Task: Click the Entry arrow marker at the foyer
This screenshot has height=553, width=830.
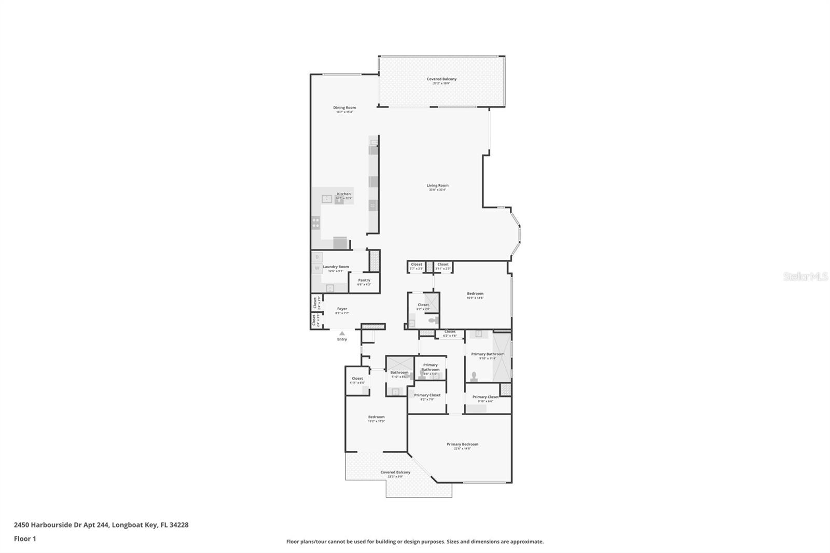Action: click(x=342, y=334)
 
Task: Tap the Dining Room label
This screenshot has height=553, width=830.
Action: click(x=344, y=108)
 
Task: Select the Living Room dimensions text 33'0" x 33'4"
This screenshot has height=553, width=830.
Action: click(x=437, y=190)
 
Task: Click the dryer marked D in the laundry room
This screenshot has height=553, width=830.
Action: click(x=317, y=257)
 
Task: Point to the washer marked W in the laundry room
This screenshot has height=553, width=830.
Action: click(x=317, y=268)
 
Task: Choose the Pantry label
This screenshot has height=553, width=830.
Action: click(x=364, y=280)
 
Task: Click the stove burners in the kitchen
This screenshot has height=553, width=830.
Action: click(x=316, y=223)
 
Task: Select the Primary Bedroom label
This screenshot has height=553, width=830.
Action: click(x=462, y=444)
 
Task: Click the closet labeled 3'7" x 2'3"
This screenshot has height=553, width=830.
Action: click(x=417, y=266)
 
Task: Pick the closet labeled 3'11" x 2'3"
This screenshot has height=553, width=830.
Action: click(x=443, y=266)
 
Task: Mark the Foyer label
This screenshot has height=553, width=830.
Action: click(x=342, y=309)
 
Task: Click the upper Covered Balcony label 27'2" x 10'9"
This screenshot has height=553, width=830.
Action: click(x=441, y=79)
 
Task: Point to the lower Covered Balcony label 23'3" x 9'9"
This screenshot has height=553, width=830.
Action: click(x=395, y=473)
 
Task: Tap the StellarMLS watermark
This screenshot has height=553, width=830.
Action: click(x=805, y=277)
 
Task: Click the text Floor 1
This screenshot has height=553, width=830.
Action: click(x=25, y=538)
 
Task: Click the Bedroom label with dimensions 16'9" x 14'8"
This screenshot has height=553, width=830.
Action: click(x=475, y=294)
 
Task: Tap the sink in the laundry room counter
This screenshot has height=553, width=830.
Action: click(x=329, y=288)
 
